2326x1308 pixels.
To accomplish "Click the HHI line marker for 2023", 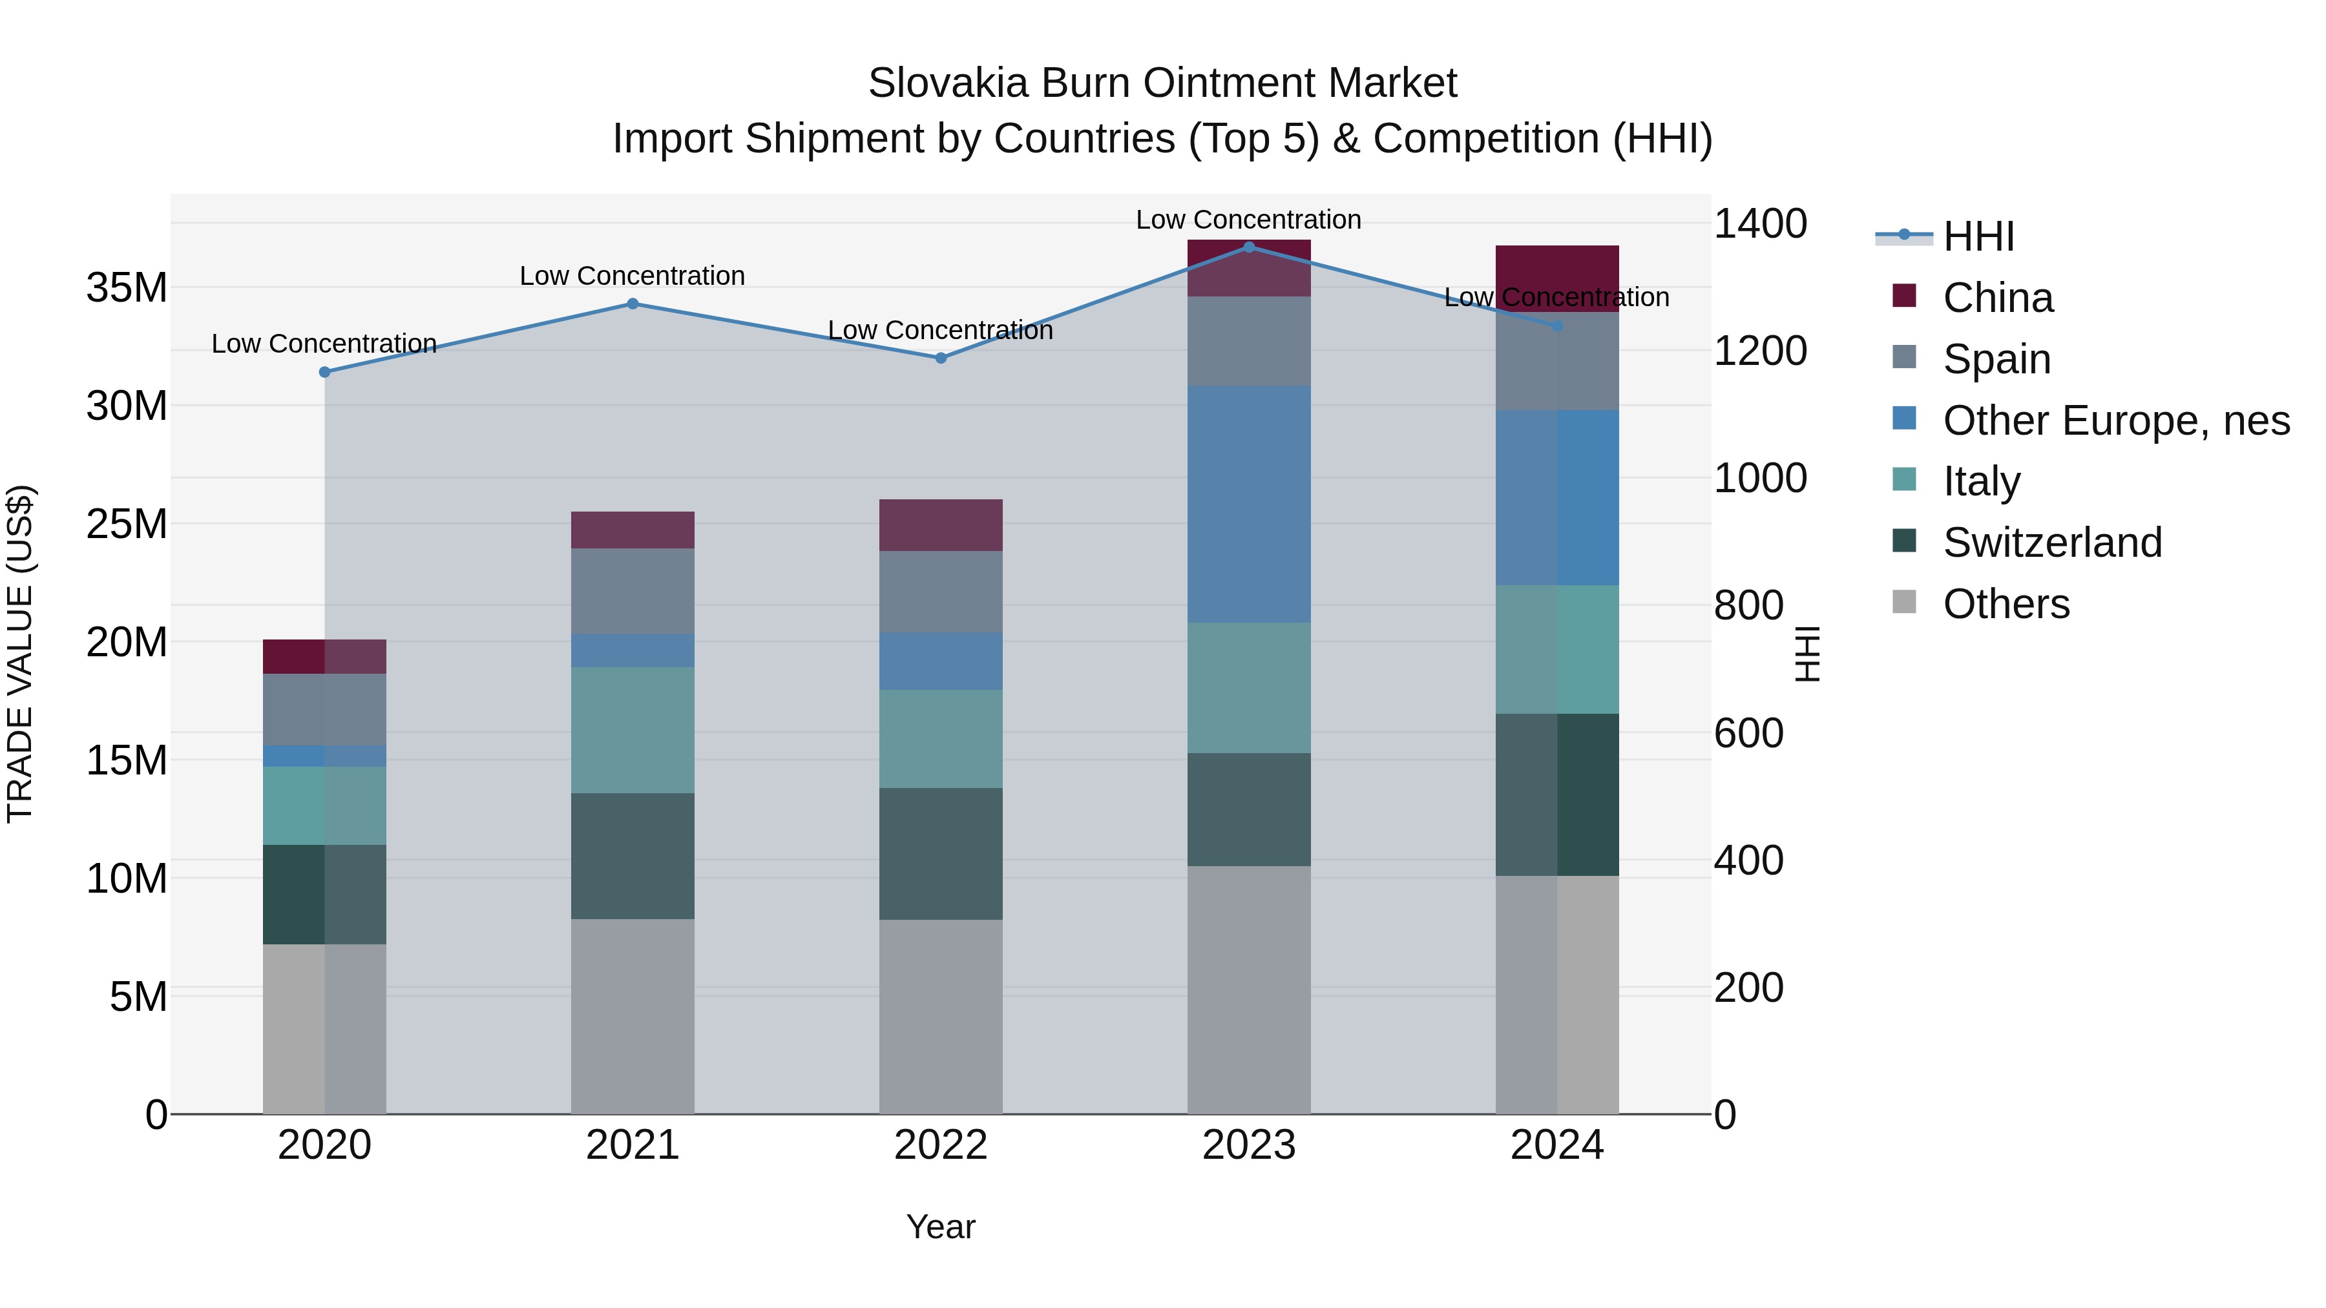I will pos(1249,247).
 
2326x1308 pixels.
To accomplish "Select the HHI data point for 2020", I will pos(324,372).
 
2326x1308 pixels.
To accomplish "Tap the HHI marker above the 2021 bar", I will pos(632,304).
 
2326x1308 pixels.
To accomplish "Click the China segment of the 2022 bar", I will pos(940,524).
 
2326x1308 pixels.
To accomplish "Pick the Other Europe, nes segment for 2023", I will pos(1249,504).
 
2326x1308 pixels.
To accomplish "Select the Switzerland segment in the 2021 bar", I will pos(632,856).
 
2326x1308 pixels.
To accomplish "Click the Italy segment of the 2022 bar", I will pos(940,738).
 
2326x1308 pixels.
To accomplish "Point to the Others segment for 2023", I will pos(1249,990).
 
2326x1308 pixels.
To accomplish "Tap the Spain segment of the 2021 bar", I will pos(632,591).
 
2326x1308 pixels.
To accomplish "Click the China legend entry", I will pos(1997,298).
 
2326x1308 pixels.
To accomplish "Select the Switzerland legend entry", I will pos(2051,543).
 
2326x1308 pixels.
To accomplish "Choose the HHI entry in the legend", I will pos(1978,236).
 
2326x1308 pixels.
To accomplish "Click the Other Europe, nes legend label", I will pos(2115,420).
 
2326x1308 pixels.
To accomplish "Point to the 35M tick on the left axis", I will pos(127,288).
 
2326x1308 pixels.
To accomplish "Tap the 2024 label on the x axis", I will pos(1556,1145).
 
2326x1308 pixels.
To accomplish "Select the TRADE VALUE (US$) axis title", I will pos(20,654).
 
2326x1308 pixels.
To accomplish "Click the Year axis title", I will pos(940,1227).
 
